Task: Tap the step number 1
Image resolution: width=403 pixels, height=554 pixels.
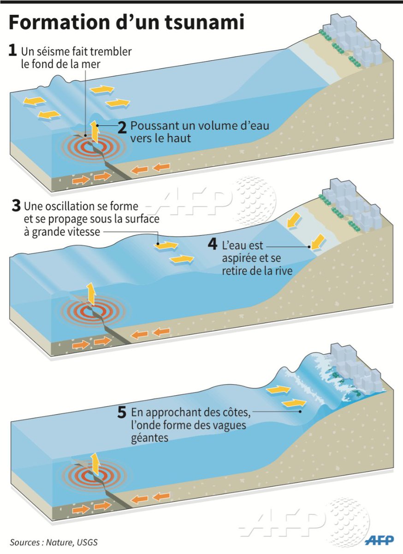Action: click(13, 51)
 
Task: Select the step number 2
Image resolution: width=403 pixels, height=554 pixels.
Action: click(122, 127)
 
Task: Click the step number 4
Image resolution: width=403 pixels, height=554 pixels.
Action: click(213, 244)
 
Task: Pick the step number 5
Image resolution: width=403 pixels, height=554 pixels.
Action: click(122, 412)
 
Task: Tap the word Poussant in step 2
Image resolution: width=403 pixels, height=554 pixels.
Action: click(151, 126)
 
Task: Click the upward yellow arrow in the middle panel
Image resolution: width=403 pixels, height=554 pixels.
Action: click(91, 294)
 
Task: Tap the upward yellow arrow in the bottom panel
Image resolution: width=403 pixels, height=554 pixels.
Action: click(95, 464)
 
